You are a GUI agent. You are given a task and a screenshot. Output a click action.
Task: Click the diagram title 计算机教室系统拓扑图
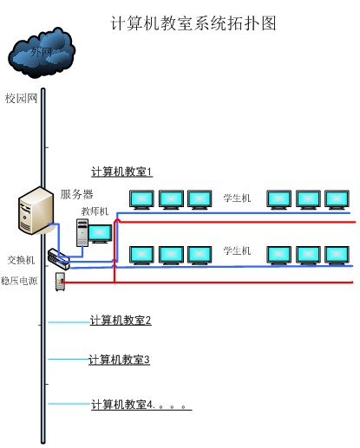pos(194,23)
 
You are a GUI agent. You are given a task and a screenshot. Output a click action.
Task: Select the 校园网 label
pos(22,98)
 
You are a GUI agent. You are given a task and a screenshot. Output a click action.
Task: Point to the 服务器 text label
pos(76,194)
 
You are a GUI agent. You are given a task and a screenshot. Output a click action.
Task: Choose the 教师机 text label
pos(95,211)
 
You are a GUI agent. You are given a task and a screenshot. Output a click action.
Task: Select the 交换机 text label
pos(21,260)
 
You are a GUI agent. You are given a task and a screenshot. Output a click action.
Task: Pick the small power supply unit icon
pos(60,281)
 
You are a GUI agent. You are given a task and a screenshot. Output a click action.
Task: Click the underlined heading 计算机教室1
pos(121,172)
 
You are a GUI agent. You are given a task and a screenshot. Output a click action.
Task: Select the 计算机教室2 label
pos(121,321)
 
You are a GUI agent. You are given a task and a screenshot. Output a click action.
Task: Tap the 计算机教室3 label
pos(120,360)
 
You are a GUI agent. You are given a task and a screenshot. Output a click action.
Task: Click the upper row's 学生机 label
pos(237,198)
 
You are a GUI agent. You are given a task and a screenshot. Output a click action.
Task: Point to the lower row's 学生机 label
pos(237,250)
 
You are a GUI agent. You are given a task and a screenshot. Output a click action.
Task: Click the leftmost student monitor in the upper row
pos(141,198)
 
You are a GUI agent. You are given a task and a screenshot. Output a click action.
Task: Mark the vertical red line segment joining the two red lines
pos(115,251)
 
